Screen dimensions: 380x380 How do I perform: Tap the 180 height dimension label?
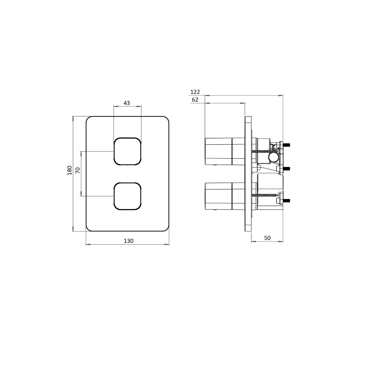click(69, 170)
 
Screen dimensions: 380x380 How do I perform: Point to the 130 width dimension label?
click(129, 241)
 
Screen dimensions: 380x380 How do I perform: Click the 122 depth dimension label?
click(195, 92)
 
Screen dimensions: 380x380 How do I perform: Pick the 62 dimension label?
click(195, 100)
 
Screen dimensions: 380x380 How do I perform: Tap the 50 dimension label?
click(267, 238)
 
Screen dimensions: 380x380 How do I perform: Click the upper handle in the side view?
click(225, 151)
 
